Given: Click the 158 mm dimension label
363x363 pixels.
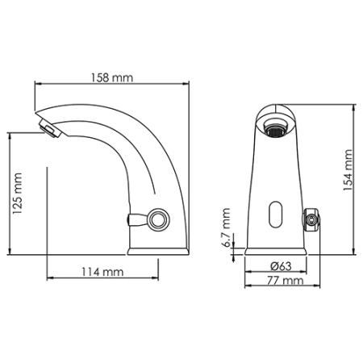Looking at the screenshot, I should pos(113,78).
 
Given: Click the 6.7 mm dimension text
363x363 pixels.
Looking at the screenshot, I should pos(227,231).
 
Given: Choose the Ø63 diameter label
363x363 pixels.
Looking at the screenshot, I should pos(281,265).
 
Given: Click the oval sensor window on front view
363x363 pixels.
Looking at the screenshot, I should pos(276,213).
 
